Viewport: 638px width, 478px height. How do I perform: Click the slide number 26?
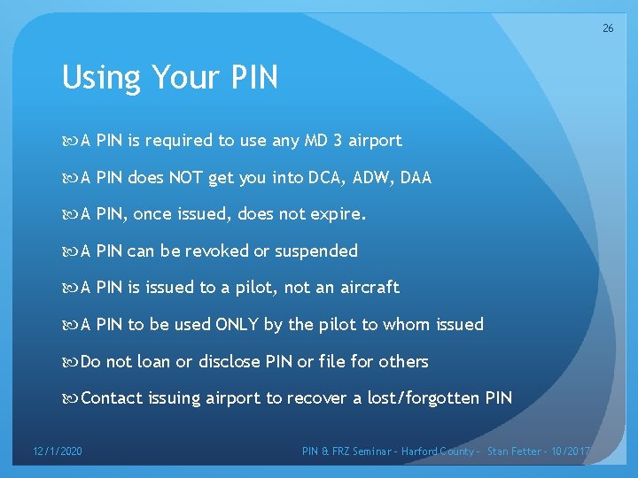click(x=608, y=28)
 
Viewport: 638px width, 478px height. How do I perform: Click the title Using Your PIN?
click(x=169, y=78)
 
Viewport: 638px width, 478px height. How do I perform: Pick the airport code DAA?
click(x=416, y=177)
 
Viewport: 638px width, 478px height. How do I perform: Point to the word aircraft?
click(x=370, y=288)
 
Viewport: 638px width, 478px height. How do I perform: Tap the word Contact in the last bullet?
click(x=112, y=398)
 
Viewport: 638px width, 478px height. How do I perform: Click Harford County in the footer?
click(x=437, y=451)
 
